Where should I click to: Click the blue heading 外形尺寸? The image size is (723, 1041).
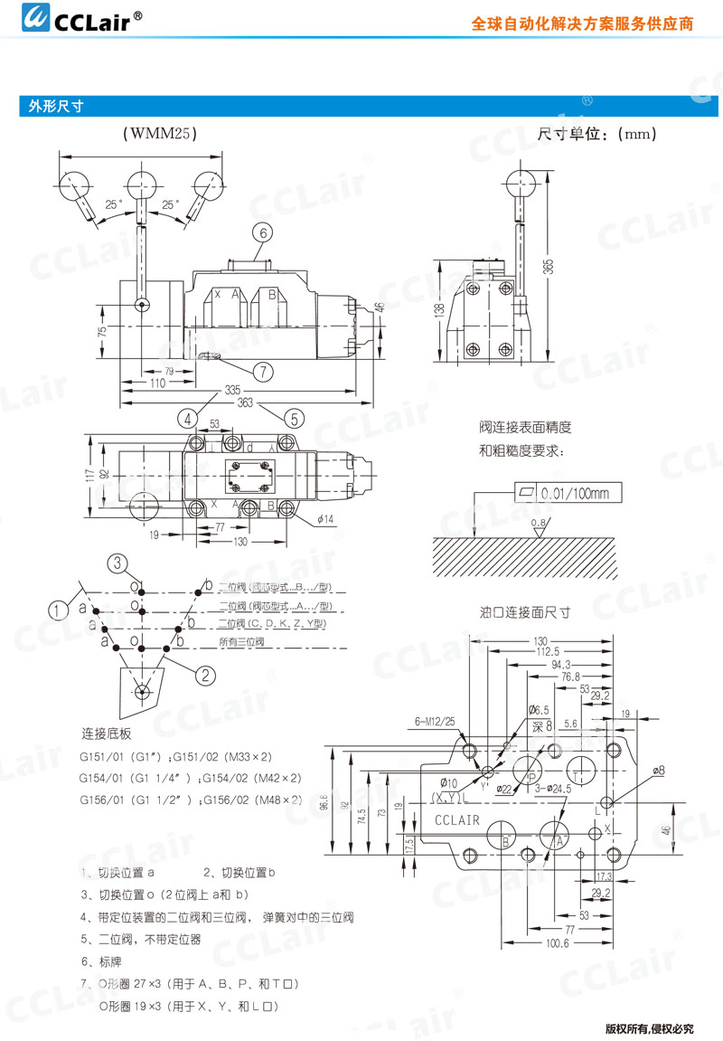coord(56,106)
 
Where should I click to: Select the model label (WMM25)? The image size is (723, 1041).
coord(159,134)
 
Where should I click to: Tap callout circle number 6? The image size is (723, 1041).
coord(262,232)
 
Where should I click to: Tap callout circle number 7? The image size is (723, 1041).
coord(262,371)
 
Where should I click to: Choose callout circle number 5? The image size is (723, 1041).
coord(294,418)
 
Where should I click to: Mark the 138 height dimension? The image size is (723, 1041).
coord(440,310)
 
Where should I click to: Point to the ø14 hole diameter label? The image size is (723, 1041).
coord(326,518)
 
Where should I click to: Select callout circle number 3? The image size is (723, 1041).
coord(120,563)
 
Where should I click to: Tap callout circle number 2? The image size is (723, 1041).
coord(205,673)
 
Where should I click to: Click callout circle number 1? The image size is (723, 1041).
coord(59,610)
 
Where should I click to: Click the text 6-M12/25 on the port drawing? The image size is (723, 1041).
coord(436,721)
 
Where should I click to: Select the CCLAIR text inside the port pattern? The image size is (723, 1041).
coord(457,820)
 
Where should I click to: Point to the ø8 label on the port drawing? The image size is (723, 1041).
coord(658,770)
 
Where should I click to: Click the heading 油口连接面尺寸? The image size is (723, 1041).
coord(525,611)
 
